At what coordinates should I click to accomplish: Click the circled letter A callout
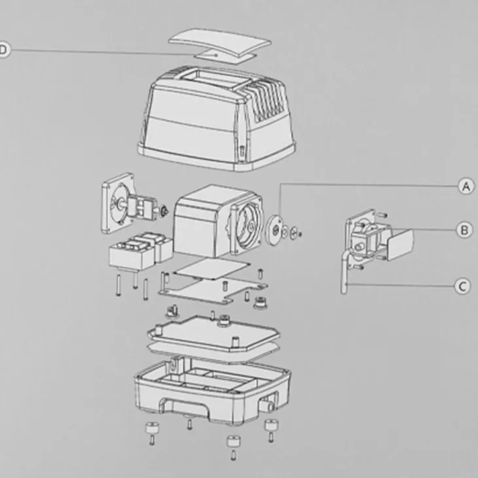click(466, 186)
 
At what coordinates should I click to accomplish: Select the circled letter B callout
click(464, 230)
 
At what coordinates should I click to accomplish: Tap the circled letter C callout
click(462, 286)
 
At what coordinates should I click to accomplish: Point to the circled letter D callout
click(3, 49)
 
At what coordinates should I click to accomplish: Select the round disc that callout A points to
click(274, 229)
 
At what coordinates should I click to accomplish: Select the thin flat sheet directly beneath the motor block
click(211, 268)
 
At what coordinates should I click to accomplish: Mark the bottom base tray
click(212, 390)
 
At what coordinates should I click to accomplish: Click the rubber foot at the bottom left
click(153, 428)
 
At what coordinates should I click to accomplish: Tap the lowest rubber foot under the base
click(234, 441)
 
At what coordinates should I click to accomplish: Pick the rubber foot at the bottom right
click(270, 425)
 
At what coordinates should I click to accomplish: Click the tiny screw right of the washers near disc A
click(301, 234)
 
